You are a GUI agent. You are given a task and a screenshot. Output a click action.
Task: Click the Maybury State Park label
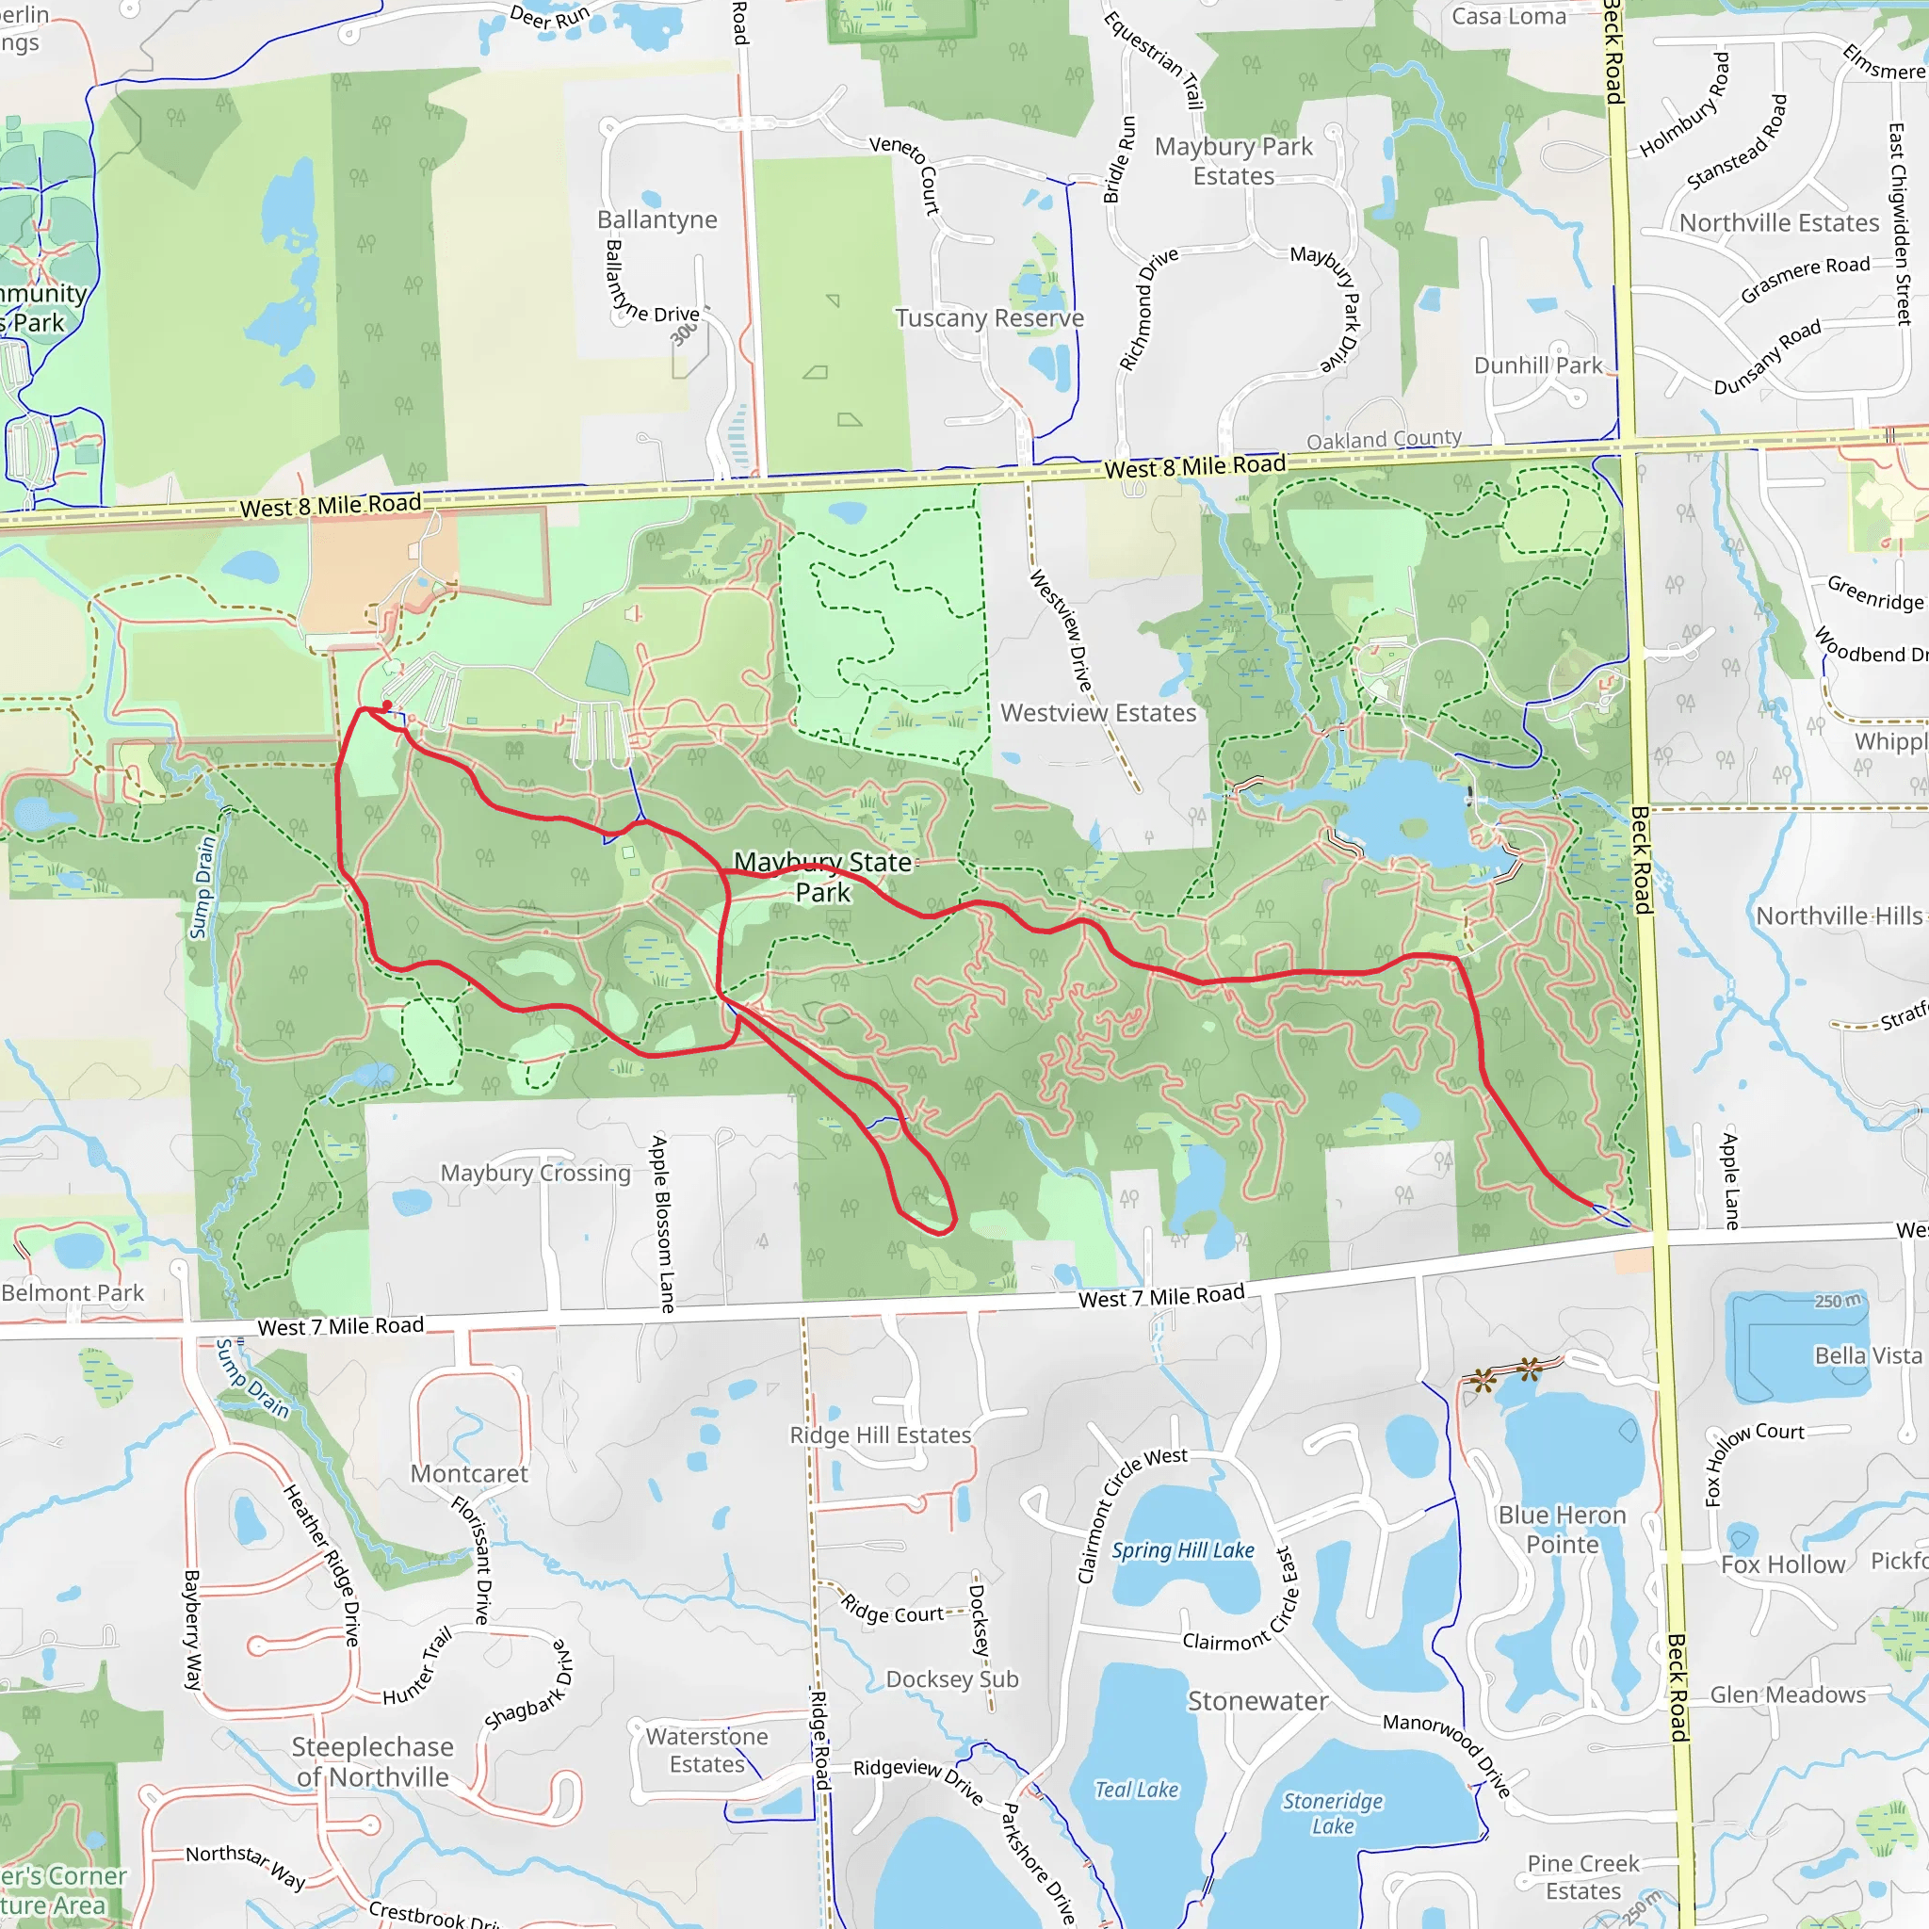822,877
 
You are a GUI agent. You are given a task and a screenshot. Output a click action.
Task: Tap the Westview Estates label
1098,713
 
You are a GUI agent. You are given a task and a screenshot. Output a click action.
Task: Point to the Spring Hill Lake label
1183,1549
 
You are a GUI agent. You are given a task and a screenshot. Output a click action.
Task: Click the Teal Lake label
1136,1790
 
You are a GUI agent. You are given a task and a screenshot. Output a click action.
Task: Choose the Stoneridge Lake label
1333,1813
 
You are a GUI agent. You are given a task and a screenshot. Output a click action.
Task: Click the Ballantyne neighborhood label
657,219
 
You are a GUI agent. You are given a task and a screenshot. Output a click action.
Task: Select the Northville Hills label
1839,916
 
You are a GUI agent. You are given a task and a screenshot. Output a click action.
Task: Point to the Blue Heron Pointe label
1562,1530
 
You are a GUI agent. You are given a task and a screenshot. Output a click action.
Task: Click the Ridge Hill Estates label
880,1435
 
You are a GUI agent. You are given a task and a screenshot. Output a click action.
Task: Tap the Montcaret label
469,1474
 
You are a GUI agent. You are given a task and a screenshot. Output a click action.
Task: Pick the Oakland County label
1384,438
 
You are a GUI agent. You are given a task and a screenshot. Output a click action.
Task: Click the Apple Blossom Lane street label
663,1224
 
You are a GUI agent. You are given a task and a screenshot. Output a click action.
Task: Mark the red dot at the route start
387,705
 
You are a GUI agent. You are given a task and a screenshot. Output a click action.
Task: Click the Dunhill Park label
1537,365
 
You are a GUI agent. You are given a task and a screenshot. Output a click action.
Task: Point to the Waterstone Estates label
707,1750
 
